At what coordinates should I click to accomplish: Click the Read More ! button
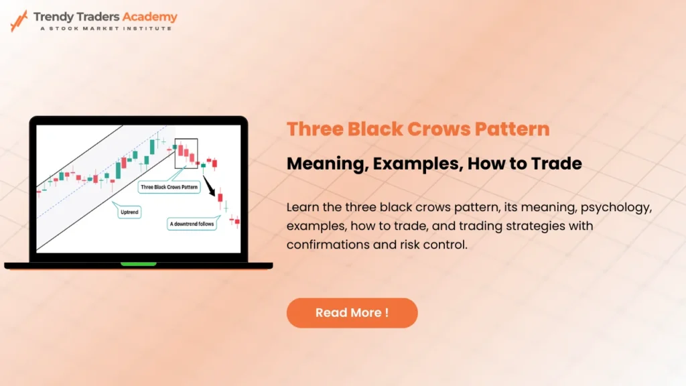[x=352, y=313]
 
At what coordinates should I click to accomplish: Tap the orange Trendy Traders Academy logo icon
[x=19, y=21]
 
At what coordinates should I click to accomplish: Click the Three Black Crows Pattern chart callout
[x=169, y=187]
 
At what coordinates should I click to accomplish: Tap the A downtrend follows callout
[x=192, y=224]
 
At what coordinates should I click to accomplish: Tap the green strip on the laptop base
[x=138, y=264]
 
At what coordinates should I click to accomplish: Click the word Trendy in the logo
[x=56, y=17]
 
